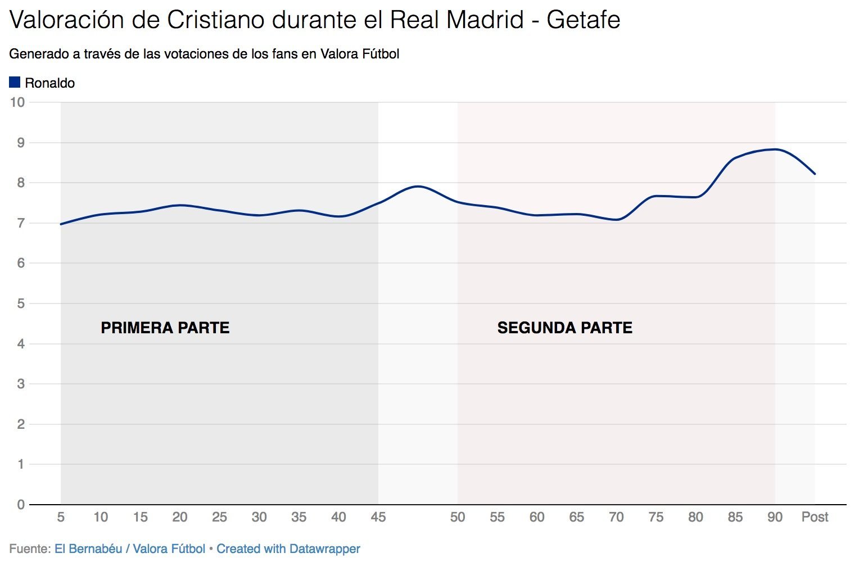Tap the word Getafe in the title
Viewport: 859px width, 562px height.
[x=583, y=20]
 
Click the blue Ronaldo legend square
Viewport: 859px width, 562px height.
[x=15, y=83]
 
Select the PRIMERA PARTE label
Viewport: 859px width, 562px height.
[x=165, y=328]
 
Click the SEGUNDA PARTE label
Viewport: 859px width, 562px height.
[x=564, y=328]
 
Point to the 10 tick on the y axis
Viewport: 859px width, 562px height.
[x=17, y=102]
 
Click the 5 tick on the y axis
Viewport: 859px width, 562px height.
[x=21, y=303]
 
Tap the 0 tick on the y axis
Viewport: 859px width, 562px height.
[x=21, y=505]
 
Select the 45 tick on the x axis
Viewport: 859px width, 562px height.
[x=378, y=517]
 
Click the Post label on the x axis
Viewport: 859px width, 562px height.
[x=815, y=517]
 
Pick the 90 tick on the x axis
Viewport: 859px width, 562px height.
[x=775, y=517]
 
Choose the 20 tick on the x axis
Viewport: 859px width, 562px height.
[x=180, y=517]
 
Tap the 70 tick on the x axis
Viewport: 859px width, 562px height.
[x=616, y=517]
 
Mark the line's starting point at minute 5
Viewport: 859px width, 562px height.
[x=61, y=224]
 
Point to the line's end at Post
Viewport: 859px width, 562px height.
[x=815, y=174]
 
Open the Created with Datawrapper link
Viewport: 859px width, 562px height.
[x=288, y=549]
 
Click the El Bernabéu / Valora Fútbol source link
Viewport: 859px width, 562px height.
[x=129, y=549]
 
